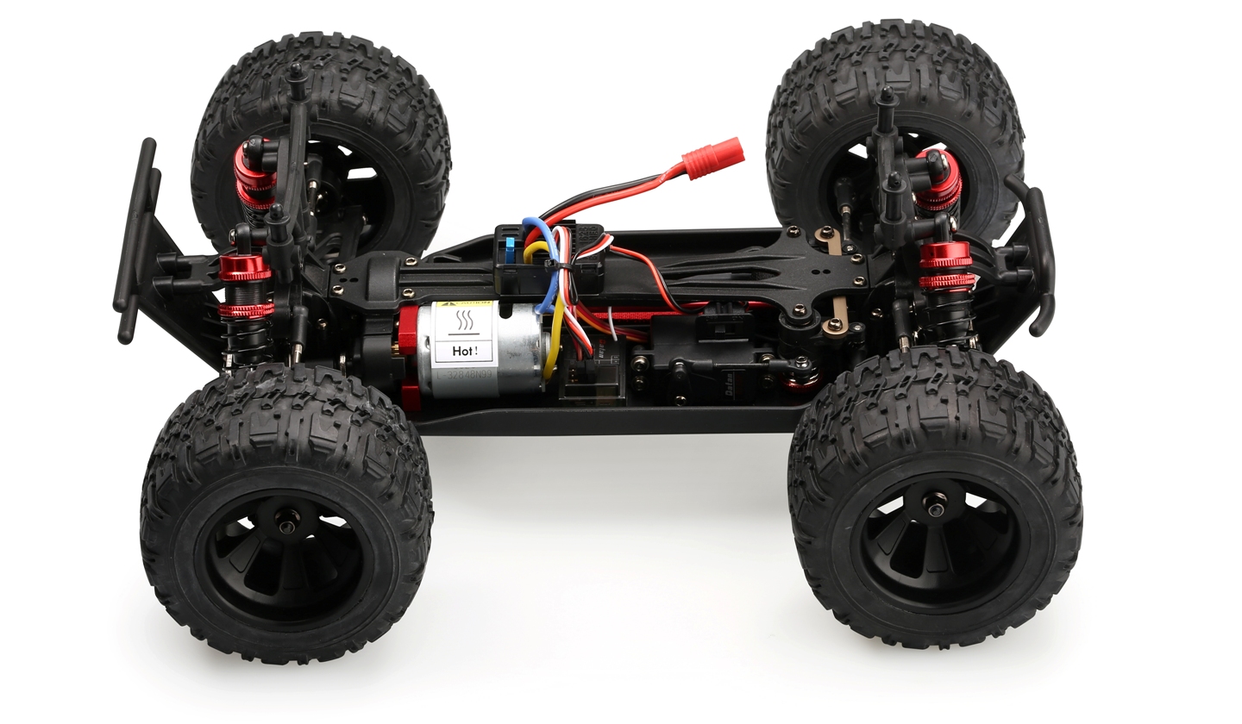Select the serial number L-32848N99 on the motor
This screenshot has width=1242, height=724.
pos(462,376)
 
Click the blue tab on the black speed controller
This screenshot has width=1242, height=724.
pos(511,251)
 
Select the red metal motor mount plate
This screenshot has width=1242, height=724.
pos(408,357)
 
